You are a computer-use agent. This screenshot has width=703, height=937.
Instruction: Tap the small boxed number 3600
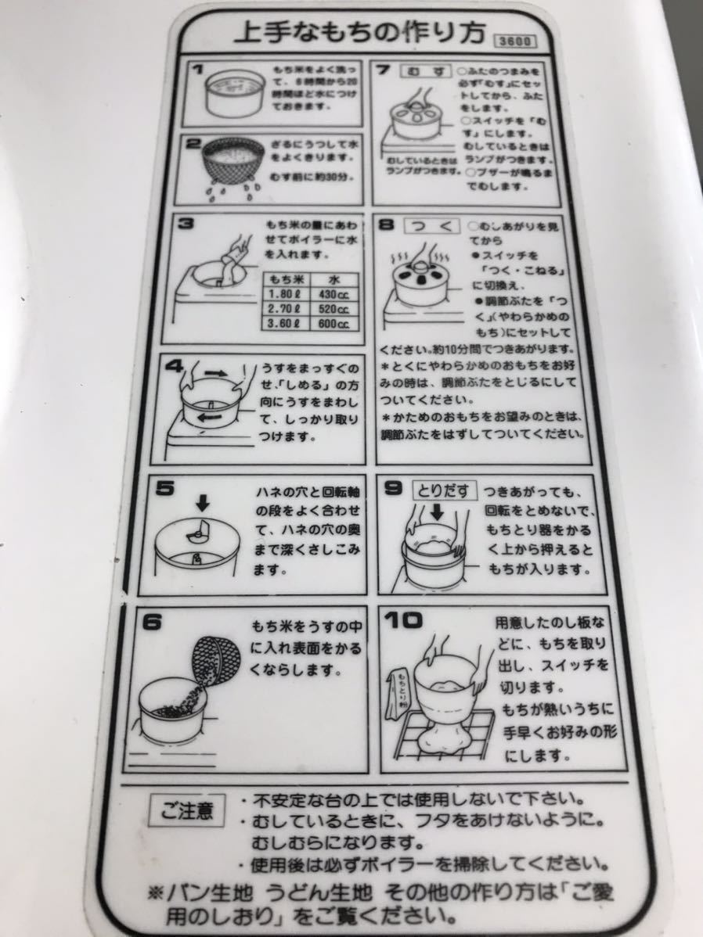click(512, 41)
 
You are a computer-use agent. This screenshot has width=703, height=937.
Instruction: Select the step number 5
click(166, 489)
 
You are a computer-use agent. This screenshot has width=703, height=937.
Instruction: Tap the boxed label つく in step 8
click(430, 226)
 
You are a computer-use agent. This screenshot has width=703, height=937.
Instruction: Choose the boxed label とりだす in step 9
click(445, 490)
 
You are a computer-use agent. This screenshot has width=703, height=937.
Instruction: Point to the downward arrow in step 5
click(198, 501)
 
